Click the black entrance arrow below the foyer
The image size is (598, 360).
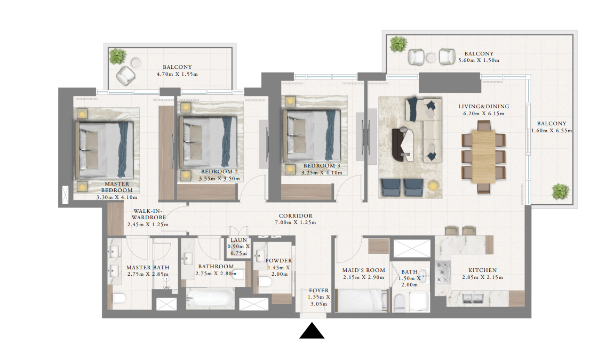click(x=312, y=331)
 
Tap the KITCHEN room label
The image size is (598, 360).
click(x=482, y=270)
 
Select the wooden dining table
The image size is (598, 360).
click(x=484, y=157)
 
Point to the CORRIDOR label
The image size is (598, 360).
click(x=296, y=216)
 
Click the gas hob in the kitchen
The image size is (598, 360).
click(x=443, y=272)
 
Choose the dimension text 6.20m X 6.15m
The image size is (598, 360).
click(x=484, y=114)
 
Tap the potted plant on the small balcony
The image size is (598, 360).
click(x=117, y=57)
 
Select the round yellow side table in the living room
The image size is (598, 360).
click(x=433, y=186)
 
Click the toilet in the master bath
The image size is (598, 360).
click(x=119, y=298)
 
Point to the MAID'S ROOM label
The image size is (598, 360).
click(x=363, y=270)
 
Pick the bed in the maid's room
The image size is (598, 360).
click(x=362, y=300)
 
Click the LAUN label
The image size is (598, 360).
click(x=239, y=240)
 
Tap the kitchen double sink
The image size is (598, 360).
click(x=473, y=298)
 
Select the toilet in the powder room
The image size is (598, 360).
click(x=265, y=282)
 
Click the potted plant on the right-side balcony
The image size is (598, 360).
click(x=560, y=191)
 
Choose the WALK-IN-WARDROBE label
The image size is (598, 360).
click(x=149, y=214)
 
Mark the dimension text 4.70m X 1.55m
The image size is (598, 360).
click(x=177, y=74)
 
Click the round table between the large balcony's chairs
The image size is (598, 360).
click(x=431, y=58)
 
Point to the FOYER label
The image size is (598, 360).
click(x=318, y=291)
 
